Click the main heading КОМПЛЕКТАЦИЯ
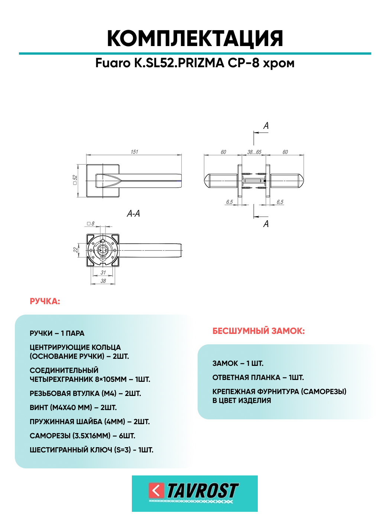coord(195,38)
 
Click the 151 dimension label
coord(134,152)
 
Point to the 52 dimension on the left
coord(75,180)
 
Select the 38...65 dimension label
coord(254,152)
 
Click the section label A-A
coord(133,214)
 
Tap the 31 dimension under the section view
coord(103,272)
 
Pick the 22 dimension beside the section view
coord(76,250)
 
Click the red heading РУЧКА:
coord(45,301)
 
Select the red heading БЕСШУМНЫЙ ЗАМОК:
coord(259,331)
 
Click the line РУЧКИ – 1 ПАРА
coord(57,333)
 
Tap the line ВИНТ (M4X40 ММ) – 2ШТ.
coord(73,407)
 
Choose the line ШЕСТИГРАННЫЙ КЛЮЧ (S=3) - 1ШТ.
coord(91,450)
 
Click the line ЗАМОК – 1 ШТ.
coord(238,363)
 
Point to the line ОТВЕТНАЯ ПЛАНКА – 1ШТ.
coord(258,377)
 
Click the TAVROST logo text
coord(202,491)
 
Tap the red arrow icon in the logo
coord(156,490)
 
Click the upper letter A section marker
coord(266,126)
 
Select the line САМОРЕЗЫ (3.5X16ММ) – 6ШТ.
coord(82,436)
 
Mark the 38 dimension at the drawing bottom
coord(103,281)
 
